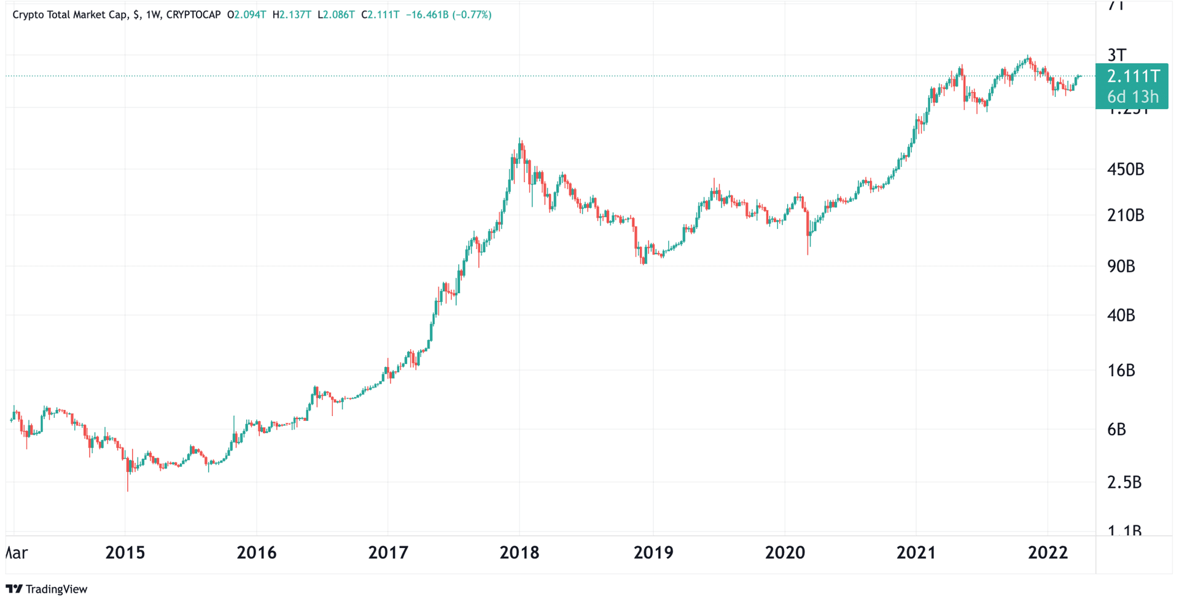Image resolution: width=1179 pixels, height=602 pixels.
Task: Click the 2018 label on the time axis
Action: tap(519, 553)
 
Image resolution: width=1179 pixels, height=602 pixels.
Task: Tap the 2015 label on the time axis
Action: tap(125, 553)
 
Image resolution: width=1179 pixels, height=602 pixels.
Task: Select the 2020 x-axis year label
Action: tap(784, 553)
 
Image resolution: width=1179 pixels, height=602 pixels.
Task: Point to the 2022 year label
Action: tap(1048, 553)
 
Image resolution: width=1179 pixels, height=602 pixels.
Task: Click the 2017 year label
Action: tap(387, 553)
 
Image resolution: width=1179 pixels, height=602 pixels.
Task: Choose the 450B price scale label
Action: tap(1125, 169)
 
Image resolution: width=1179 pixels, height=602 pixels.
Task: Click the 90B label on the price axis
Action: tap(1121, 266)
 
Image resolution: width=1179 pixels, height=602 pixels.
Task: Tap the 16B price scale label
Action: tap(1121, 371)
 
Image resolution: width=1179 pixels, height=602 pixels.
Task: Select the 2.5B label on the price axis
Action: tap(1124, 483)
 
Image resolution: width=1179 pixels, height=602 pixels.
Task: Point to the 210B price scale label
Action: tap(1125, 215)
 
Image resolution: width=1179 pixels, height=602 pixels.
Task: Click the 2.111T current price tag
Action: tap(1133, 77)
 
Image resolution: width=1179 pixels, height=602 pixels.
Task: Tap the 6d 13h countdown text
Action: tap(1133, 97)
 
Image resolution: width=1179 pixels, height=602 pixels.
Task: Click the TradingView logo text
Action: tap(56, 589)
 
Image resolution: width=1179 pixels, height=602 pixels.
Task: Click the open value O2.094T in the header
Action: tap(246, 15)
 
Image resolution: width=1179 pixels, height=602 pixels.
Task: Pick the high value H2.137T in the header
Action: tap(292, 15)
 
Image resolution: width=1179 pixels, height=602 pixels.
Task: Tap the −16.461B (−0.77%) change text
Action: tap(448, 15)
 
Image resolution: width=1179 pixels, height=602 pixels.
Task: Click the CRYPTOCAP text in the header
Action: tap(193, 15)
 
